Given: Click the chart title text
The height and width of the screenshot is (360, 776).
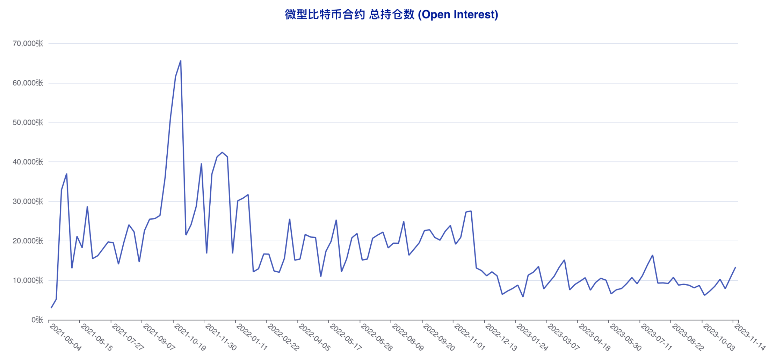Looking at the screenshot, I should [391, 15].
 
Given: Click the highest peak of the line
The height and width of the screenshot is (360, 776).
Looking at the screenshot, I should [181, 61].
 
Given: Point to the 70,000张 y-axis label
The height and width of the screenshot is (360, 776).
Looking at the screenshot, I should [28, 44].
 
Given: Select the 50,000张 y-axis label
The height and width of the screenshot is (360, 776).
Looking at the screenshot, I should [28, 123].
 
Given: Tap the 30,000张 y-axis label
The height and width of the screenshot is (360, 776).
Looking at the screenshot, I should [28, 201].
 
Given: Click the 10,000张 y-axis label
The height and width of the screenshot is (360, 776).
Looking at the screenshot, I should [28, 280].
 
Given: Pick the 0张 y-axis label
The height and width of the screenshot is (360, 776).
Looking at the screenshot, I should [37, 320].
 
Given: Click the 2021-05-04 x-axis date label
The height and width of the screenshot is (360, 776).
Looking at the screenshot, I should [65, 337].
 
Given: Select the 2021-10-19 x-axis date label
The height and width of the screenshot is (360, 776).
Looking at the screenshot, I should [190, 337].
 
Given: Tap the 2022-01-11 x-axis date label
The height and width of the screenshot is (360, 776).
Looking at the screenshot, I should [252, 337].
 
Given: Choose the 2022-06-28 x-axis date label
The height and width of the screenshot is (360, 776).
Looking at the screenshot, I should [376, 337].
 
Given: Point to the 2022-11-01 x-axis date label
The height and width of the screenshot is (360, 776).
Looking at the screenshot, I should [470, 337].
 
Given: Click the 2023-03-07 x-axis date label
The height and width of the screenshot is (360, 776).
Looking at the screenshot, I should [563, 337].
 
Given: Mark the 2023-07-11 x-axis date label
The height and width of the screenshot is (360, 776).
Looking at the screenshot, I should [657, 337].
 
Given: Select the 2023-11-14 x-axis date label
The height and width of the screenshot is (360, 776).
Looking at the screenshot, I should [750, 337].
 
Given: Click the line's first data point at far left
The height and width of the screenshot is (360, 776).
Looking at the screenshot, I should [51, 308].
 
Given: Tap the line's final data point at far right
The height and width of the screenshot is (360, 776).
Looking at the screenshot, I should [735, 267].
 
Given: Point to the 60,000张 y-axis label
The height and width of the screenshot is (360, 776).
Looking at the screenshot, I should [28, 83].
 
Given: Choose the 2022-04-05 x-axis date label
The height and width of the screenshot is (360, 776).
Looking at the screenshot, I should [314, 337].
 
